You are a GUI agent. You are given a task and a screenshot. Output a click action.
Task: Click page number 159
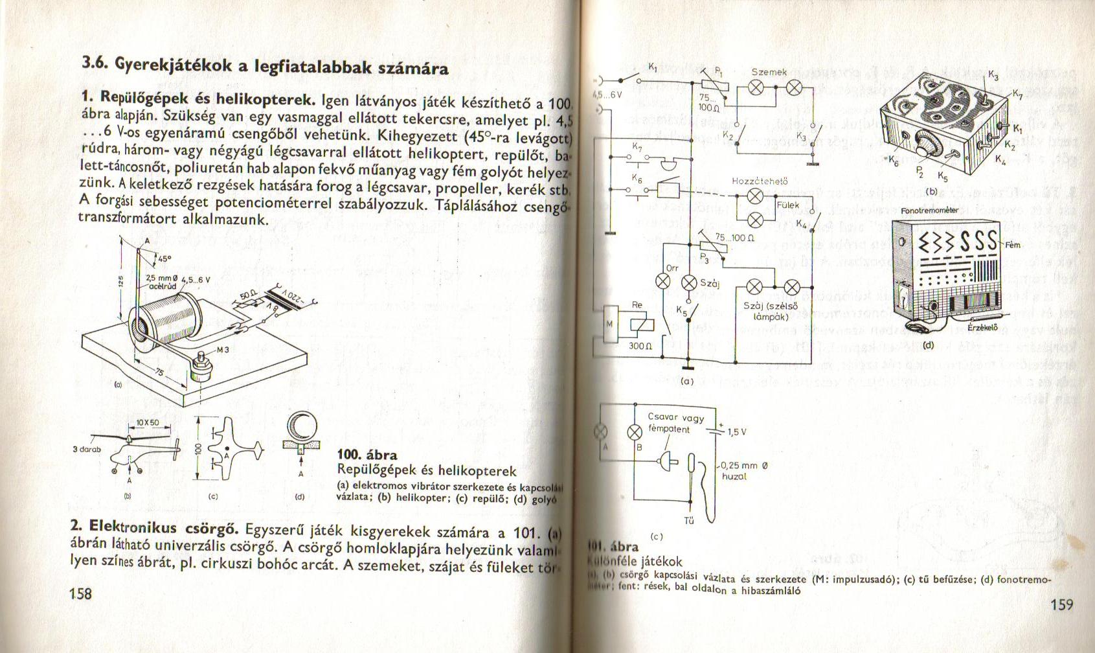click(1061, 605)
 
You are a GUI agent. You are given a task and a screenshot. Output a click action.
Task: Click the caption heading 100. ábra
click(368, 455)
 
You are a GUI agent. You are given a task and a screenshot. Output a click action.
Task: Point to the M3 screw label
click(223, 350)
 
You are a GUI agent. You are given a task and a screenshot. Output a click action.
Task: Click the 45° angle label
click(163, 258)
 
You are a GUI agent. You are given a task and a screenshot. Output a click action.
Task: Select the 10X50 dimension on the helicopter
click(148, 422)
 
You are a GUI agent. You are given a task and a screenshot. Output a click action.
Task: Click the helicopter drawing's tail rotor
click(177, 446)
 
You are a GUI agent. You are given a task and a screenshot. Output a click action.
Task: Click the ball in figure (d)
click(302, 427)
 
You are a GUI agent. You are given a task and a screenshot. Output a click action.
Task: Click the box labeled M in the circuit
click(609, 325)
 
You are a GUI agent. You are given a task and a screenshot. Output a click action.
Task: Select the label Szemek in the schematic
click(769, 73)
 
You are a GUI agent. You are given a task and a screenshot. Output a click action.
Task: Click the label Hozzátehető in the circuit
click(760, 181)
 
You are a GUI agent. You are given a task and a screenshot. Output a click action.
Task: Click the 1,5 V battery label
click(737, 432)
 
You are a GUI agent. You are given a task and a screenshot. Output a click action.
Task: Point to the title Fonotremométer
click(929, 211)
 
